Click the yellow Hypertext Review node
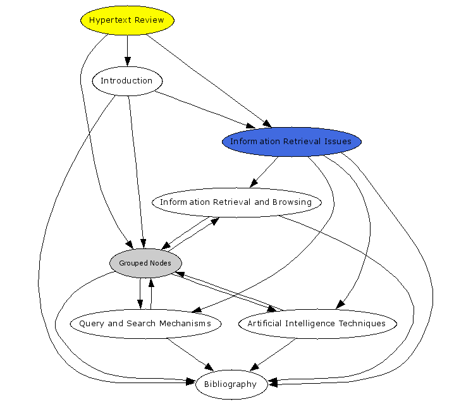[127, 20]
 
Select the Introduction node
[127, 81]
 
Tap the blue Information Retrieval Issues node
[291, 142]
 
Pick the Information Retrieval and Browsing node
[236, 202]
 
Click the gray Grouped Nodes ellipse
[145, 263]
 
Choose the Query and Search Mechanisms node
[145, 324]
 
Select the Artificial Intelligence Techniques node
[317, 324]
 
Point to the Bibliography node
[231, 384]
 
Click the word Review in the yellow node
[149, 20]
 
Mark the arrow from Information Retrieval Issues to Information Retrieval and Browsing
[265, 171]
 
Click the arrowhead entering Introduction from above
[127, 62]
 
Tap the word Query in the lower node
[92, 324]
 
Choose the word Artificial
[265, 324]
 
